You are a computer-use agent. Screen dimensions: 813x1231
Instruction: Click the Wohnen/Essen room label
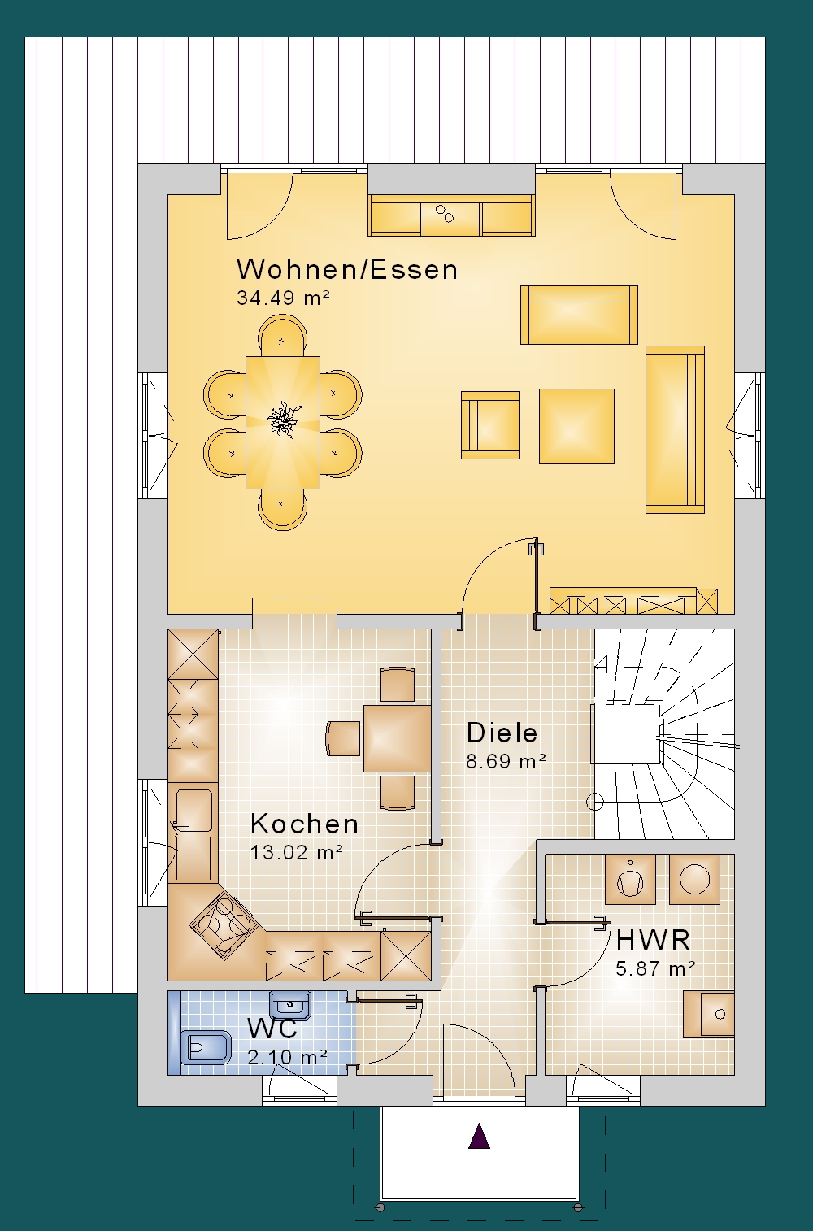(346, 269)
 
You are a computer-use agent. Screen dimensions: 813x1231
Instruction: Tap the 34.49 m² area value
(283, 298)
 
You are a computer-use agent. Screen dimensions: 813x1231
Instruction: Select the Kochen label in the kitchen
(304, 824)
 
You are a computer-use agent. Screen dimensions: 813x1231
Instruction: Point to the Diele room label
(502, 733)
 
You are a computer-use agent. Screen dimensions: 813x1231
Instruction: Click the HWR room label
(653, 939)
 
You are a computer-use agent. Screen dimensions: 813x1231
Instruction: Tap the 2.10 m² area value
(287, 1057)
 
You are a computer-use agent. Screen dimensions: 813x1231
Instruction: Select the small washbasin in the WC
(290, 1005)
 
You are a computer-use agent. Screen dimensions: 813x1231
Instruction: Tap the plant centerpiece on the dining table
(283, 420)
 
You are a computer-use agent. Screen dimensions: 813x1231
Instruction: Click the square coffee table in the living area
(576, 426)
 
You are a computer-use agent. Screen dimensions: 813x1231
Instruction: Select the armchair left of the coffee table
(490, 424)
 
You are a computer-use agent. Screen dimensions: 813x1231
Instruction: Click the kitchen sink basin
(194, 810)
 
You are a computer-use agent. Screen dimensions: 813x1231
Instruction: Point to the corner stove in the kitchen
(224, 925)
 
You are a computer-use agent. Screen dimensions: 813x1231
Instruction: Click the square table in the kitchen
(398, 738)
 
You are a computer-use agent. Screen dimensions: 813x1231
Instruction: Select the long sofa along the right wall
(675, 430)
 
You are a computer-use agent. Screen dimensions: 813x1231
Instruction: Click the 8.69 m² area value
(506, 761)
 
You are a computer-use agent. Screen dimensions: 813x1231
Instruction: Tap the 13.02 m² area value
(297, 852)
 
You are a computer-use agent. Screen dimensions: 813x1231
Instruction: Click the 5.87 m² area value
(655, 968)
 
